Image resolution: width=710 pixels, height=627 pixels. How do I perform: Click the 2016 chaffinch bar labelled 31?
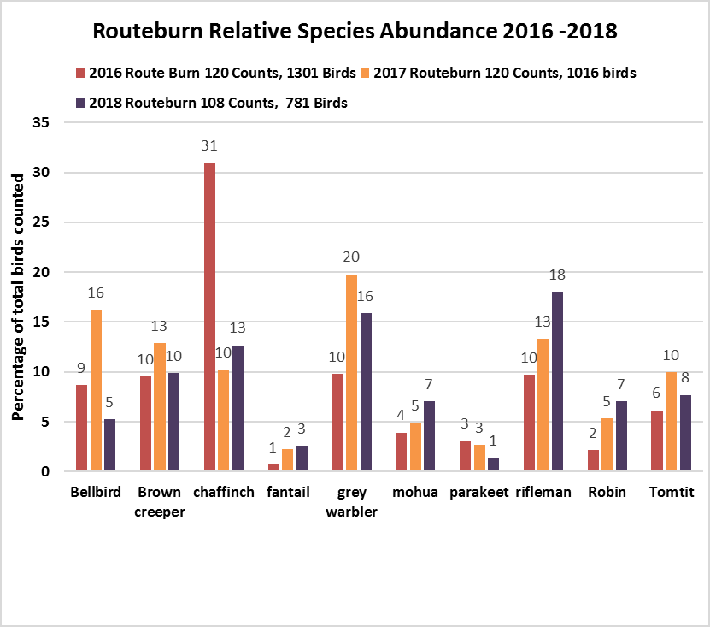(209, 316)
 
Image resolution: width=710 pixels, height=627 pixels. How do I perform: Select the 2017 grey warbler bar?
(352, 373)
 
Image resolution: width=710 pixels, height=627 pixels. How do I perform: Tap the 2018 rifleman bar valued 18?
(558, 382)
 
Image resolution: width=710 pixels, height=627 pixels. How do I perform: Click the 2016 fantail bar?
(273, 468)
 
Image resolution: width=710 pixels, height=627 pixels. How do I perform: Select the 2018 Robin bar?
(622, 436)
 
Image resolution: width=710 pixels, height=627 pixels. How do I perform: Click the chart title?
(354, 32)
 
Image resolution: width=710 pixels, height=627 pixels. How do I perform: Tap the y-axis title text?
(17, 297)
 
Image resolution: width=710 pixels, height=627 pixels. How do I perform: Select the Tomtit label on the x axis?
(671, 493)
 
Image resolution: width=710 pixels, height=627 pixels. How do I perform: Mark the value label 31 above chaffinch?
(209, 146)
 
